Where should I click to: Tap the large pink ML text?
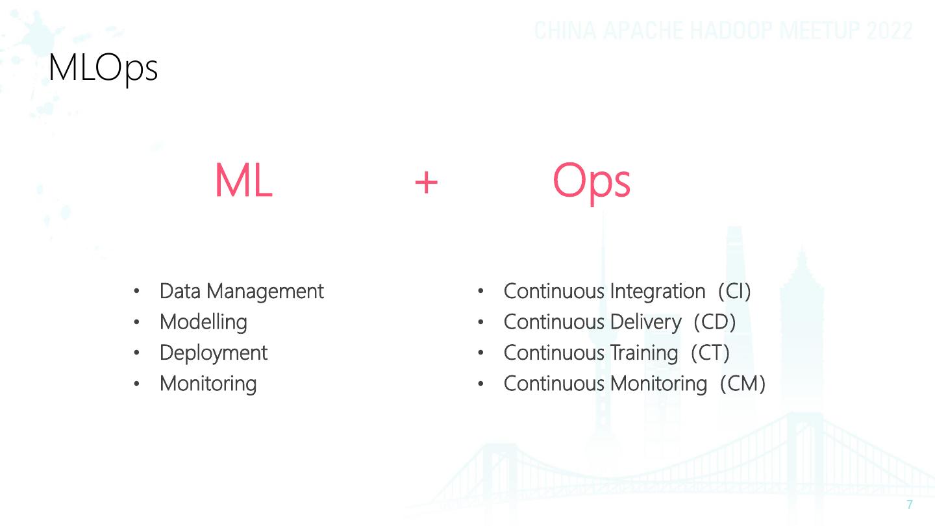click(x=243, y=182)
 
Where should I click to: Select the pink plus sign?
click(x=426, y=182)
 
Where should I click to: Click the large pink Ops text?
click(x=591, y=182)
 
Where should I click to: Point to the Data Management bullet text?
click(x=241, y=291)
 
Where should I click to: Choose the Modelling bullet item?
click(x=203, y=321)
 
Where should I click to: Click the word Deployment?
click(x=213, y=353)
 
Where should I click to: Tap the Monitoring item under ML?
click(x=208, y=383)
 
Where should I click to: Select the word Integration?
click(x=657, y=291)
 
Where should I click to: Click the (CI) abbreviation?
click(x=734, y=291)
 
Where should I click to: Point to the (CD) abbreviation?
click(x=714, y=321)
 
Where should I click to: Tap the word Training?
click(x=643, y=353)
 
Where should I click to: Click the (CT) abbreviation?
click(x=710, y=353)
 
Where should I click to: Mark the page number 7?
click(x=910, y=505)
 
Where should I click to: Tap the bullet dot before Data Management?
click(x=136, y=292)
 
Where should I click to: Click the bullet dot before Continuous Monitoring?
click(x=480, y=384)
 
